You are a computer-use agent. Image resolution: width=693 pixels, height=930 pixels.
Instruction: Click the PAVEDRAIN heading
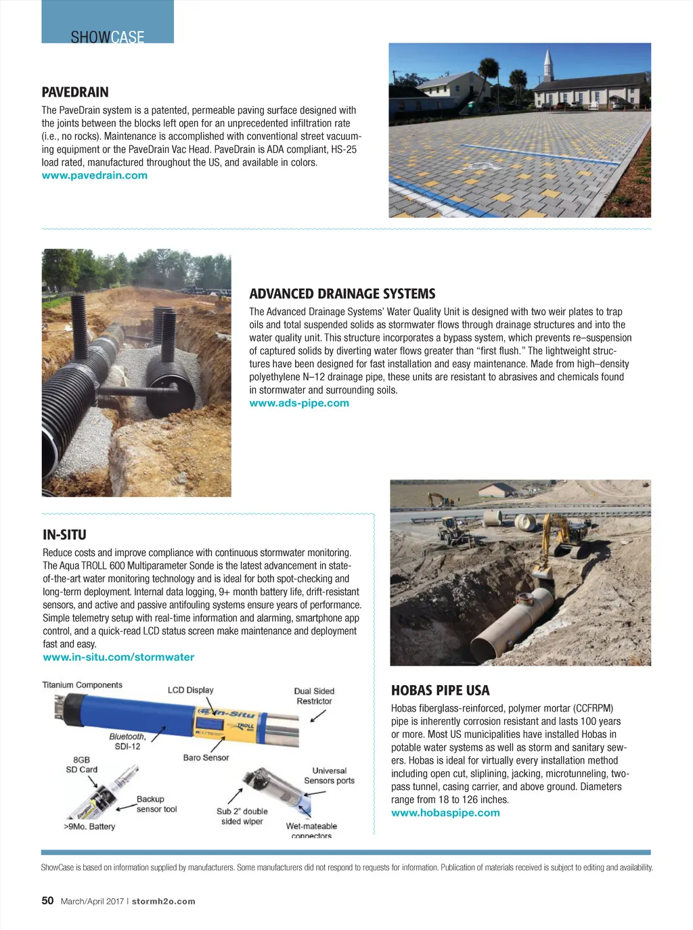75,93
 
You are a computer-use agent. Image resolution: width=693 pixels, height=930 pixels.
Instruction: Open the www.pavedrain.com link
95,176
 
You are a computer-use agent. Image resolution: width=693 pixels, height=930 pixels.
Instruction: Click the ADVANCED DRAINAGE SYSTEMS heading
342,294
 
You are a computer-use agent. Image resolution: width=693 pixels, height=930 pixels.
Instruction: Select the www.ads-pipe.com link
299,403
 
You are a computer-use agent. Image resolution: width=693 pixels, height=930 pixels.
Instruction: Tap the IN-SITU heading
64,535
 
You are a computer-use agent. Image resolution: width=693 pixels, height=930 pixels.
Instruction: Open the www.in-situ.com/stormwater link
118,657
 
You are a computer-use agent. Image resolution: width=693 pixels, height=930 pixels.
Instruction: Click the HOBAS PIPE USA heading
440,691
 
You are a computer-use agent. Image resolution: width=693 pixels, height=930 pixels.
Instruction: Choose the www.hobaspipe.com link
445,813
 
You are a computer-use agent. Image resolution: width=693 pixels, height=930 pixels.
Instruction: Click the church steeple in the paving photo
548,64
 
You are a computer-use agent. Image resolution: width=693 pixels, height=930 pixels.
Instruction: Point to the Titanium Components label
83,685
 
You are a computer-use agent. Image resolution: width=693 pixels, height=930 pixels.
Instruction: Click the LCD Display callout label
190,691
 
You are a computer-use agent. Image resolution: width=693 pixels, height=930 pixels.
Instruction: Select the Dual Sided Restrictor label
314,696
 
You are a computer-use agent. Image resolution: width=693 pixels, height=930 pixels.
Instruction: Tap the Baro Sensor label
206,758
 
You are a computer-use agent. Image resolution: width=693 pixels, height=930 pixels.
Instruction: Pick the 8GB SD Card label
81,765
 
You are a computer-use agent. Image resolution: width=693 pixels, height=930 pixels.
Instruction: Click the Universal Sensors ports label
329,776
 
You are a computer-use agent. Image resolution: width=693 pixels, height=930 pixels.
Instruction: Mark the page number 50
47,901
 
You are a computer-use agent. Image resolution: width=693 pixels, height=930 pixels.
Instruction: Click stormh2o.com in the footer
163,902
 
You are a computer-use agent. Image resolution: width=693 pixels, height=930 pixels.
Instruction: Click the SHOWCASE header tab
108,37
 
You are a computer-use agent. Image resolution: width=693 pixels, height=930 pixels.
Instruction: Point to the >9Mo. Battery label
89,827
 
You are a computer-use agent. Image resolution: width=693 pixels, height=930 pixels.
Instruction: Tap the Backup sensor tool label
156,804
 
